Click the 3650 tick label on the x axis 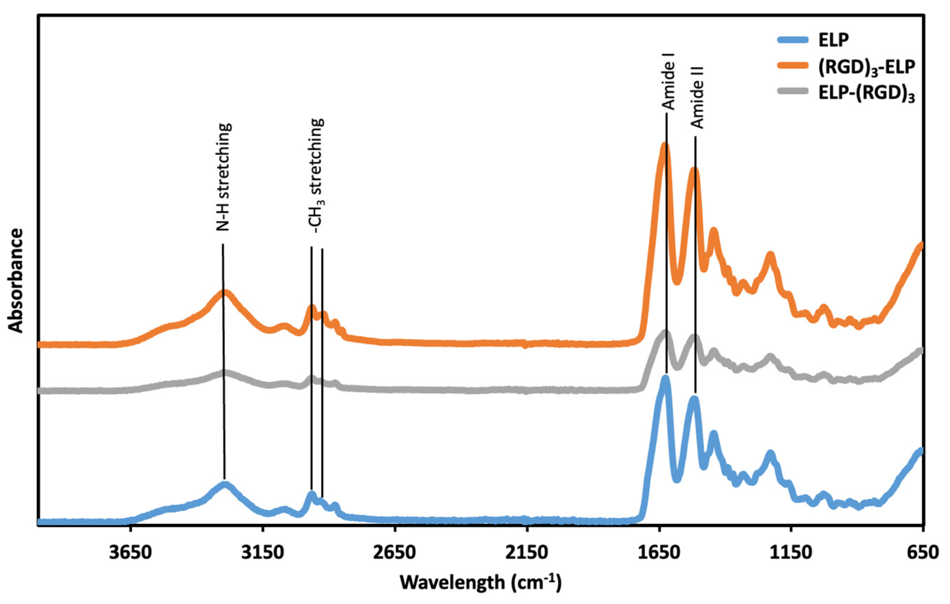tap(131, 553)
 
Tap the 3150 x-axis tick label tap(263, 553)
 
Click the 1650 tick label tap(659, 553)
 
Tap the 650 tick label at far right tap(921, 553)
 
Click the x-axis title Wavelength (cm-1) tap(481, 582)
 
